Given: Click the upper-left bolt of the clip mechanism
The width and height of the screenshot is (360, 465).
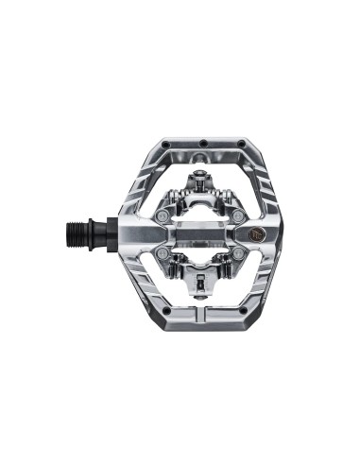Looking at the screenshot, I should pos(164,216).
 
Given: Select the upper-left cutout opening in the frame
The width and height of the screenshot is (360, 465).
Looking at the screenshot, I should pos(151,189).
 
